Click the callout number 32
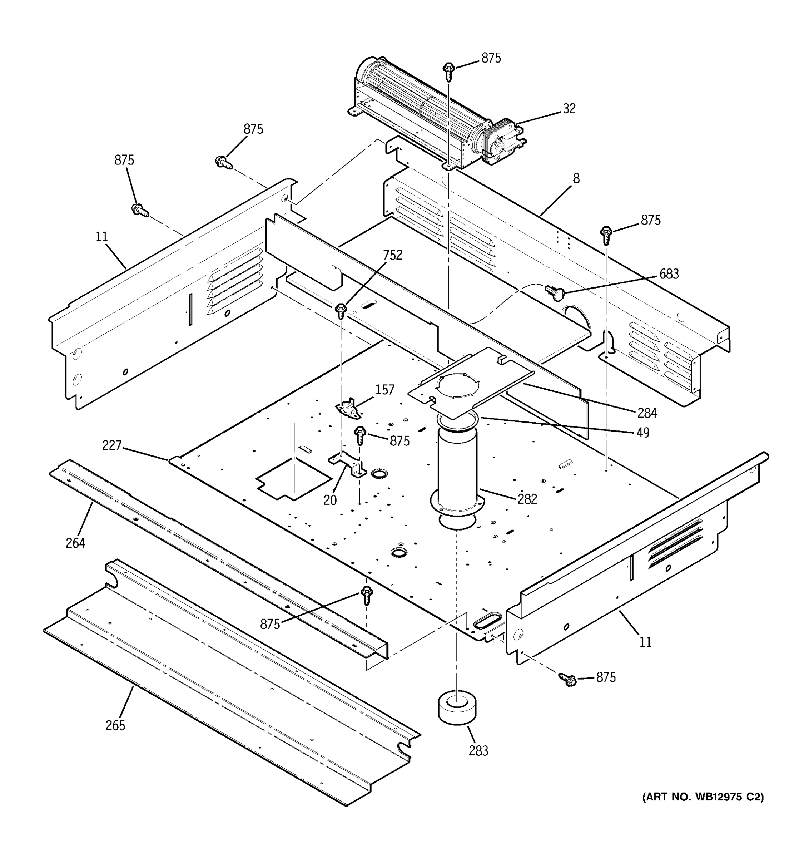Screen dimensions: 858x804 (x=569, y=109)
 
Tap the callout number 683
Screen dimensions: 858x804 (x=669, y=274)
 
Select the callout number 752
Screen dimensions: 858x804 (x=392, y=255)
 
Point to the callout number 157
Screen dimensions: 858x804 (x=384, y=390)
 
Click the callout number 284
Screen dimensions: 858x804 (x=647, y=413)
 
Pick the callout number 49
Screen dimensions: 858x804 (x=643, y=433)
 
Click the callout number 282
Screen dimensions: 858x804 (x=527, y=499)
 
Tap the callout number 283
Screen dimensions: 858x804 (x=478, y=751)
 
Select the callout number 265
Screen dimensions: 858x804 (x=115, y=725)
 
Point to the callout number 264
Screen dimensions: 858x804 (x=75, y=543)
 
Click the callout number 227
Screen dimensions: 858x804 (x=112, y=445)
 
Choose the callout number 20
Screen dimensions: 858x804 (x=330, y=500)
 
